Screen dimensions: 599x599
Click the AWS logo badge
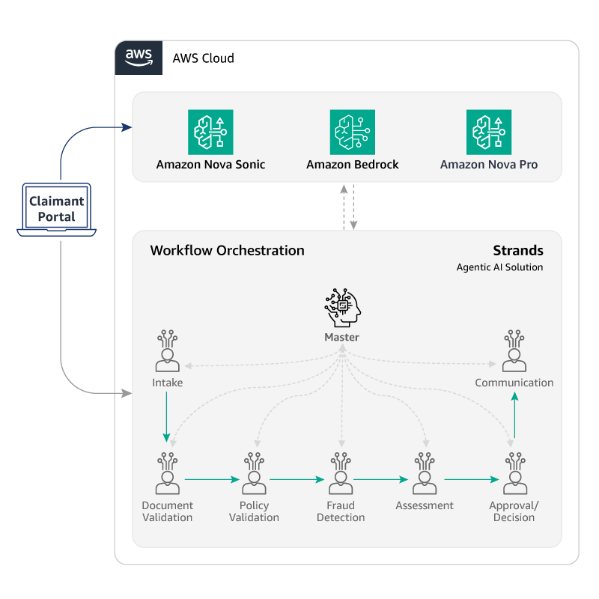[x=139, y=58]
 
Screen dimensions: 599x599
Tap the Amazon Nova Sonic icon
[x=210, y=133]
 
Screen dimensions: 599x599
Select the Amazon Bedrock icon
[x=353, y=133]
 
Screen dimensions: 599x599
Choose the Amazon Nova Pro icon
[x=489, y=133]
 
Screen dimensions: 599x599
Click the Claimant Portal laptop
[x=57, y=210]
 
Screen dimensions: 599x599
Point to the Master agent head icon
[x=343, y=308]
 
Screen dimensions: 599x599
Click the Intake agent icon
[x=167, y=350]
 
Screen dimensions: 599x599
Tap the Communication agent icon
[x=514, y=350]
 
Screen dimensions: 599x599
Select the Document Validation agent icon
[x=168, y=473]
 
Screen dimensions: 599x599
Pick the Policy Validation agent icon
[x=254, y=473]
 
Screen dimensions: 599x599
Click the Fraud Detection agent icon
[x=341, y=473]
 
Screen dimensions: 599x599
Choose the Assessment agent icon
[x=425, y=473]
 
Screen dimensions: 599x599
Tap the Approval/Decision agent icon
[x=515, y=473]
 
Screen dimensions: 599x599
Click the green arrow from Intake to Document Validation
[x=166, y=417]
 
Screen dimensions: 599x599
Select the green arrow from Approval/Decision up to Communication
[x=514, y=416]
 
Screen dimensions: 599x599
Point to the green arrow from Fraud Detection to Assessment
[x=381, y=479]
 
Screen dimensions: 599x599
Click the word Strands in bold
[x=518, y=251]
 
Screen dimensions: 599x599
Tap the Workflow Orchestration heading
[x=228, y=251]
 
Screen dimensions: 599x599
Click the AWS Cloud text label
[x=203, y=58]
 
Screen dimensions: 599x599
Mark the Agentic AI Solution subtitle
[x=499, y=267]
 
